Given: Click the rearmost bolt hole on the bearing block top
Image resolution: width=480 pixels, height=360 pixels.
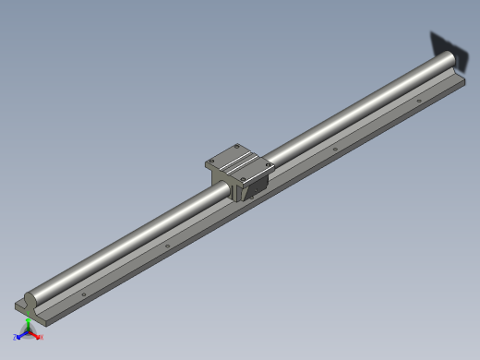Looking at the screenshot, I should click(236, 146).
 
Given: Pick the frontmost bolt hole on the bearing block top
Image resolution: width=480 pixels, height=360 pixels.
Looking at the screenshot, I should click(244, 176).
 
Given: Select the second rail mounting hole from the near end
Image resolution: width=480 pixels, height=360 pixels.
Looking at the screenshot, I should click(168, 246).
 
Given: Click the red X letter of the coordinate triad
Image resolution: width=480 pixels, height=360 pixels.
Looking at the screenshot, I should click(42, 337).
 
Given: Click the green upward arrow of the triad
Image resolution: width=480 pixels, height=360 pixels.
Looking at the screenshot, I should click(30, 324).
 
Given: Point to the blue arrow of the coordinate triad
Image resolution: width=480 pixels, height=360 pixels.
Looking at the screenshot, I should click(22, 335).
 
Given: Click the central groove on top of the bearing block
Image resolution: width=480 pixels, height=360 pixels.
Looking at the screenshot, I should click(240, 162).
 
